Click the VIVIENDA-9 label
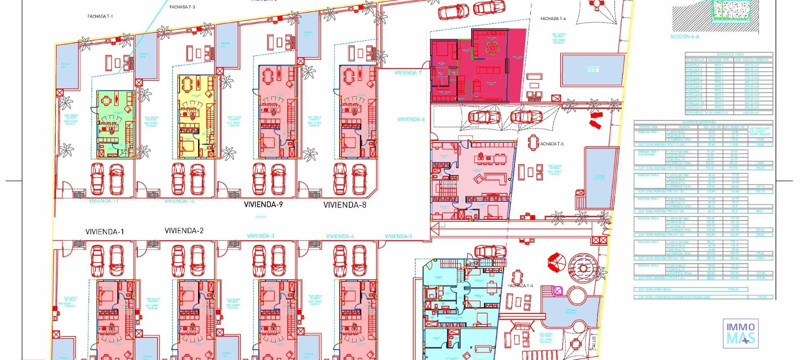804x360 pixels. [x=263, y=205]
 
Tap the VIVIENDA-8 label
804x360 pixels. [x=345, y=205]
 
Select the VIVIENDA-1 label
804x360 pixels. [x=105, y=231]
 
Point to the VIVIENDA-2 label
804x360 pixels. [x=184, y=231]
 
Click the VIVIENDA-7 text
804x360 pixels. [x=408, y=73]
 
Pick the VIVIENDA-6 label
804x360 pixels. [x=411, y=119]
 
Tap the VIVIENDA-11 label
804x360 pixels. [x=103, y=201]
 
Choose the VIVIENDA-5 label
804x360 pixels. [x=398, y=237]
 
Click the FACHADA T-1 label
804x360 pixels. [x=100, y=16]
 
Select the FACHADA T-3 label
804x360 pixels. [x=182, y=7]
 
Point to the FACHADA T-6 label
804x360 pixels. [x=553, y=19]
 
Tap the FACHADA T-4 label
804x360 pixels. [x=520, y=286]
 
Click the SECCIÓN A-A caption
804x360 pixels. [x=684, y=37]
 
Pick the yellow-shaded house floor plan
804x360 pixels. [x=196, y=116]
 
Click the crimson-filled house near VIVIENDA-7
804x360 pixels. [x=477, y=66]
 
